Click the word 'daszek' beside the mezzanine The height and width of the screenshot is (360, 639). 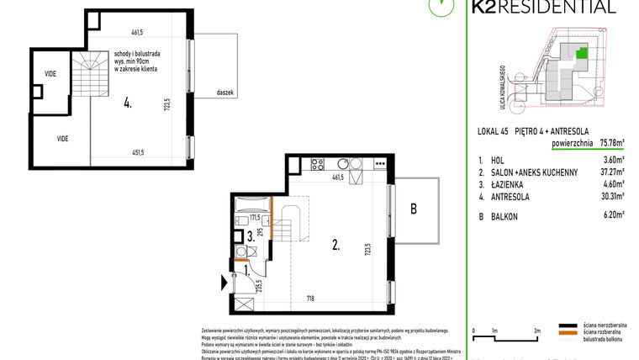(x=225, y=93)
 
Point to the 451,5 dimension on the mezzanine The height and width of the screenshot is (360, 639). (x=137, y=152)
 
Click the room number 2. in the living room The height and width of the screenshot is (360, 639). (x=335, y=246)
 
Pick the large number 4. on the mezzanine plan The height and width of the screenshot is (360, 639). (x=127, y=105)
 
